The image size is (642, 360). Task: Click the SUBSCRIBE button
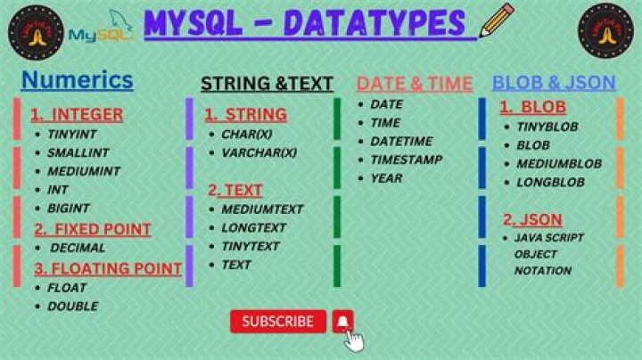point(277,322)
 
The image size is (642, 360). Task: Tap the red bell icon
point(343,322)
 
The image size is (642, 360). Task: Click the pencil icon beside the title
point(496,20)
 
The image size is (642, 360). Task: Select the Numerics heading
point(77,80)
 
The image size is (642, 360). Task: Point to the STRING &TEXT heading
point(267,84)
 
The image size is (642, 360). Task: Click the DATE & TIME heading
point(415,84)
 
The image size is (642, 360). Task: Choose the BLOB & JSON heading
point(554,83)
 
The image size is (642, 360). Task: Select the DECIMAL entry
point(78,248)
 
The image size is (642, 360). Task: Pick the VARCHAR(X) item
point(259,153)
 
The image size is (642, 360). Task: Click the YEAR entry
point(386,178)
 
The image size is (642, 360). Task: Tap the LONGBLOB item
point(550,183)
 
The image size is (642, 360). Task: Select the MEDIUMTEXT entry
point(262,209)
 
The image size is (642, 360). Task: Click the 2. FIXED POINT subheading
point(93,229)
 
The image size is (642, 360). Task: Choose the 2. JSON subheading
point(532,219)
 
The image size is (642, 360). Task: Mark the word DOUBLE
point(72,307)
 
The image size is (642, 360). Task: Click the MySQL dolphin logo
point(101,30)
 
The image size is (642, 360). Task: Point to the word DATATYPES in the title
point(384,22)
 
